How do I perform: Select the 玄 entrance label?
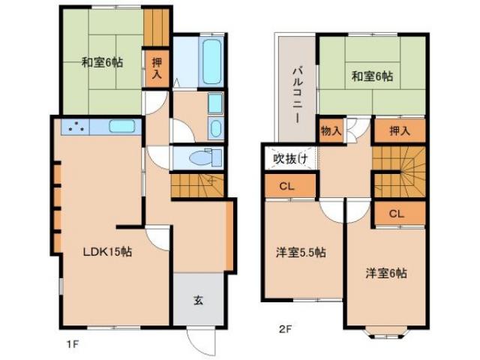[x=198, y=301]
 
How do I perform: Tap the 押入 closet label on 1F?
[x=157, y=68]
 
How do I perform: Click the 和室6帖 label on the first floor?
[x=102, y=63]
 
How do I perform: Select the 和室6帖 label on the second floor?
[x=372, y=75]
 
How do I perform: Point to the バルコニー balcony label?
[x=297, y=94]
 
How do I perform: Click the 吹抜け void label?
[x=289, y=158]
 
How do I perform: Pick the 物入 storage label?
[x=331, y=130]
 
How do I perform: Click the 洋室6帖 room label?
[x=386, y=273]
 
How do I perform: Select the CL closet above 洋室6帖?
[x=396, y=214]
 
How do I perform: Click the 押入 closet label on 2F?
[x=399, y=130]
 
